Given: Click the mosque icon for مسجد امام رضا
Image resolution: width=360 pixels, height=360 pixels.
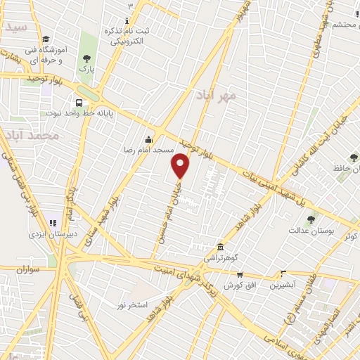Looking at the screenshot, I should (x=148, y=138).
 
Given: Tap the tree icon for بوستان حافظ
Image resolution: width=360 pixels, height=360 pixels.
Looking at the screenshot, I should (x=353, y=157).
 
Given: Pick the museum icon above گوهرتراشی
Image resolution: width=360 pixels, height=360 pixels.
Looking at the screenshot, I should (x=221, y=247).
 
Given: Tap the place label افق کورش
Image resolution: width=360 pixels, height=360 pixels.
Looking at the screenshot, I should (x=239, y=285).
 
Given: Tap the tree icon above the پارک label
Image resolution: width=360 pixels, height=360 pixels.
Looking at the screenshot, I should (x=86, y=58).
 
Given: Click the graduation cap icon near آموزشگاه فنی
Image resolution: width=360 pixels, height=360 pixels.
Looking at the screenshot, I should (x=46, y=39).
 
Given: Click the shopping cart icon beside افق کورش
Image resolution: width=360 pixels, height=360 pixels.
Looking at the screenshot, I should (x=240, y=274).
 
